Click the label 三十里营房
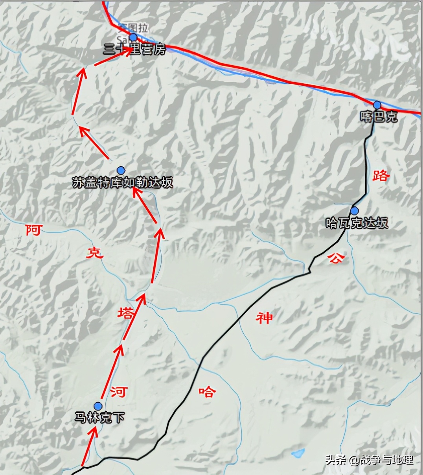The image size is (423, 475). [x=134, y=50]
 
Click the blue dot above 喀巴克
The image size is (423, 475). [x=377, y=105]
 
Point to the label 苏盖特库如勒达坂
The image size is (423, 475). [x=123, y=182]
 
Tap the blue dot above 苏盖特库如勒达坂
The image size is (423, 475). [x=121, y=171]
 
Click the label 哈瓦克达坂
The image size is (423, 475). [x=357, y=223]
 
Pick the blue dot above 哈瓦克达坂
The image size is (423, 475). [x=354, y=211]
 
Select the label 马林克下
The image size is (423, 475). [x=100, y=418]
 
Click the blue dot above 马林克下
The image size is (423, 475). [x=98, y=406]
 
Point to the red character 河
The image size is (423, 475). [x=118, y=392]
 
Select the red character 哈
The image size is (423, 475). [x=207, y=392]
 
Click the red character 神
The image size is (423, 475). [x=264, y=318]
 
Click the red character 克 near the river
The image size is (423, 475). [x=95, y=253]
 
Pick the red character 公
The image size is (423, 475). [x=337, y=258]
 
